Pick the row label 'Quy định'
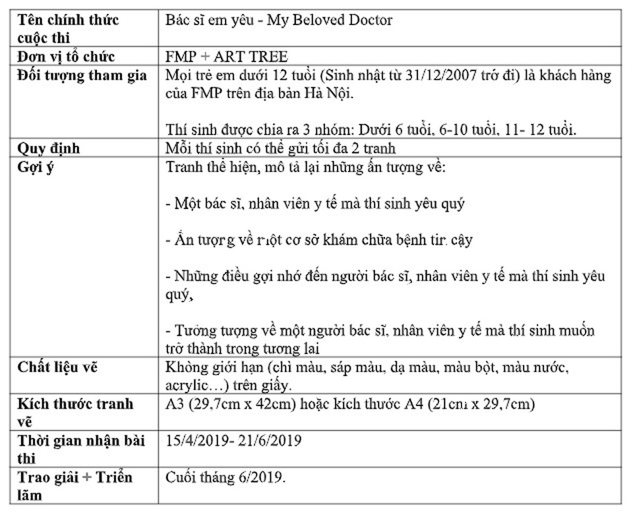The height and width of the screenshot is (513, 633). click(49, 148)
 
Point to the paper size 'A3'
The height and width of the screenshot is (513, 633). click(175, 404)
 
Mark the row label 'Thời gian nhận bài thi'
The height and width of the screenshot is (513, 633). click(81, 449)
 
